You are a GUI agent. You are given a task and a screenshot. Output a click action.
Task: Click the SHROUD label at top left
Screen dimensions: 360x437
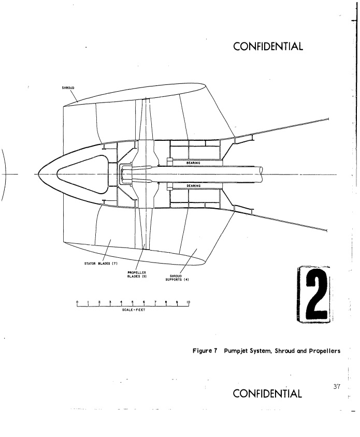coord(68,88)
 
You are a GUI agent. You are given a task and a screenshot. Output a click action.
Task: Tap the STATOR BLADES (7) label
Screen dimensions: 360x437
coord(101,264)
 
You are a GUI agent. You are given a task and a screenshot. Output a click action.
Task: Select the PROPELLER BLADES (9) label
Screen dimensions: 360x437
coord(137,274)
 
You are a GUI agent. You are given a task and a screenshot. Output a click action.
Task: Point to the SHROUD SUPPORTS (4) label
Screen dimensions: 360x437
coord(177,278)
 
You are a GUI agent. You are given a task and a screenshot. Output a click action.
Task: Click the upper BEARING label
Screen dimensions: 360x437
coord(193,163)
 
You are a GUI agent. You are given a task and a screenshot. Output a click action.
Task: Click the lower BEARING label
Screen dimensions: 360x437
coord(193,185)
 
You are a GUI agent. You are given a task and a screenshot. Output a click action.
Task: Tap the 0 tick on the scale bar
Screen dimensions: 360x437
coord(77,304)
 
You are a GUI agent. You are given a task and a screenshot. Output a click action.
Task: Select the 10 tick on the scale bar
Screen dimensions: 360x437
coord(189,304)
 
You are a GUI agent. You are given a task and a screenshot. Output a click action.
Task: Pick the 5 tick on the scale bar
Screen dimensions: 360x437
coord(133,304)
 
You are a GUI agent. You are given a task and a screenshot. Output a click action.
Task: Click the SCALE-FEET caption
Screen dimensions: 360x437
coord(134,310)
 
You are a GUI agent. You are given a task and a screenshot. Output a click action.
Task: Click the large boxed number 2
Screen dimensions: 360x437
coord(314,295)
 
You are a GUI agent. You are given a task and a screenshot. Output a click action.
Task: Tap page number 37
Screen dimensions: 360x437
coord(337,387)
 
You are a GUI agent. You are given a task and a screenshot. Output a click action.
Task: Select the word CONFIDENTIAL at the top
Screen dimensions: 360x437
coord(268,46)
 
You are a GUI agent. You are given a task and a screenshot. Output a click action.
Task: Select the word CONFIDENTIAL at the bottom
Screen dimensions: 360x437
coord(267,394)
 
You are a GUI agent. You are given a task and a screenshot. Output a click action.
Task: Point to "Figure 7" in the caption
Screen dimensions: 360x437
coord(205,351)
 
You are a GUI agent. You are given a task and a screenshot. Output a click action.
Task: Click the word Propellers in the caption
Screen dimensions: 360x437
coord(325,351)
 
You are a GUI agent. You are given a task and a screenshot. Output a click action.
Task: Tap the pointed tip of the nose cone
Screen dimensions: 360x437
coord(38,174)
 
